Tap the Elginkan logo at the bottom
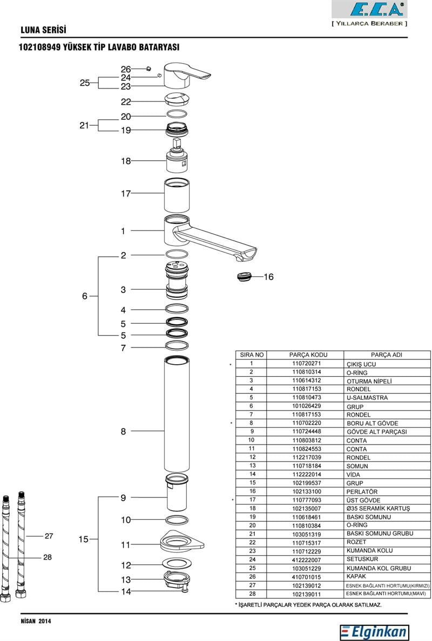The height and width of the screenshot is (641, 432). pos(374,632)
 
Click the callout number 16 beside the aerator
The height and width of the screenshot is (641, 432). pos(268,277)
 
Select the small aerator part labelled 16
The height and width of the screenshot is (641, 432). pos(245,277)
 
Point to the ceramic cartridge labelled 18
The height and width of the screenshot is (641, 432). pos(177,160)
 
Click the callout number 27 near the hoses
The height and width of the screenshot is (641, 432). pos(49,536)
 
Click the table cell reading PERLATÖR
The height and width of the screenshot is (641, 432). pos(362,492)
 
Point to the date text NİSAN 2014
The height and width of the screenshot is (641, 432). pos(36,622)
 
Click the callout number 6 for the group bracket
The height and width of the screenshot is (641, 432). pos(84,296)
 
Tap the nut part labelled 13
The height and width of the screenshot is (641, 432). pos(177,580)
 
